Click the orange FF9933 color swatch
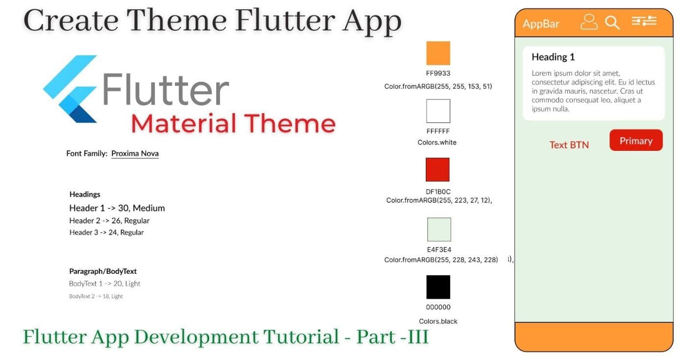click(x=438, y=53)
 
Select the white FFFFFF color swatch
click(x=438, y=111)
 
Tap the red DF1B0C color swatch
click(x=438, y=169)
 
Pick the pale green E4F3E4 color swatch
click(x=439, y=230)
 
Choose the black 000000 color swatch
click(x=438, y=287)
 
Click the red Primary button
click(x=636, y=141)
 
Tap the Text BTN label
click(x=569, y=145)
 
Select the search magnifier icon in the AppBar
click(x=612, y=23)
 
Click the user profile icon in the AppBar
click(x=589, y=22)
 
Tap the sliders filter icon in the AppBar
click(x=644, y=21)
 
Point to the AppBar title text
click(x=541, y=24)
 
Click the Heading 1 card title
click(x=553, y=57)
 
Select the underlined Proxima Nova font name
click(x=135, y=154)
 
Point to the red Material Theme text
click(x=233, y=123)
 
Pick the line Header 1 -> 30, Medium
click(x=117, y=208)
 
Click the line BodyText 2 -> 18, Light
click(x=96, y=296)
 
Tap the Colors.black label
click(x=438, y=322)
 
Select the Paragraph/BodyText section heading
click(x=103, y=271)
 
